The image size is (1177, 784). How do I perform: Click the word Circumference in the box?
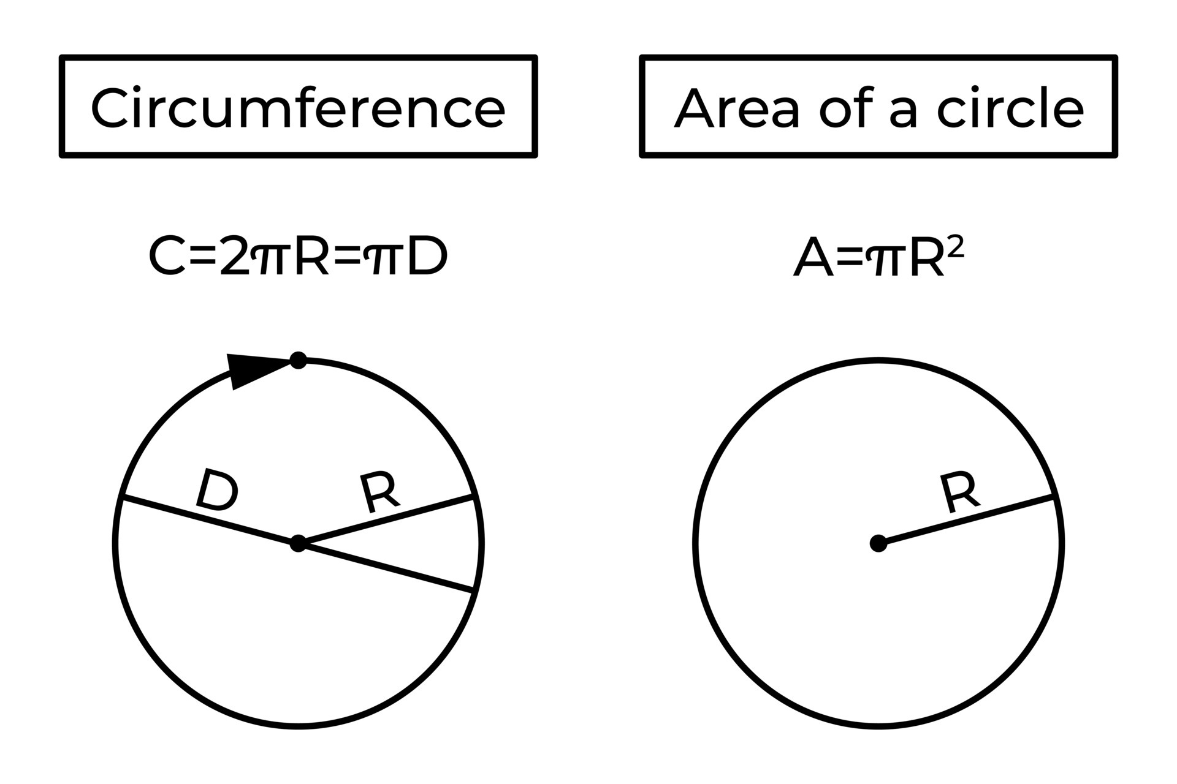[298, 108]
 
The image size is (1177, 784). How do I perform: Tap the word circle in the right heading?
[1010, 108]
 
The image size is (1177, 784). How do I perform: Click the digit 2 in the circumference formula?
[235, 257]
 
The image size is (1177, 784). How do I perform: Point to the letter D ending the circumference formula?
[427, 257]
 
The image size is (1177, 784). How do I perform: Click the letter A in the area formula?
[813, 258]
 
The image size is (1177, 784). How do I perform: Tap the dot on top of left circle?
[298, 360]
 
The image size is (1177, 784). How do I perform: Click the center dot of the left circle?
[298, 543]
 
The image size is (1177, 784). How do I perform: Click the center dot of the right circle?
[878, 543]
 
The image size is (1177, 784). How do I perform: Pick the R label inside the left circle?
[379, 492]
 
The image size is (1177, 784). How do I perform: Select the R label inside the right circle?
[959, 492]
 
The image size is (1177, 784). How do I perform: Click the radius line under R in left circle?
[386, 519]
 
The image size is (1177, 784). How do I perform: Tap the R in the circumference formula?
[313, 257]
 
